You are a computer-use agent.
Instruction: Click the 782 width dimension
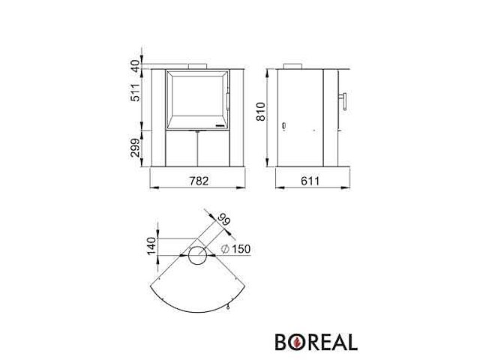pos(199,180)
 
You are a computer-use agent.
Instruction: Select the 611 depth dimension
pos(311,180)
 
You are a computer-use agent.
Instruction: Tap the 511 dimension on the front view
pos(136,92)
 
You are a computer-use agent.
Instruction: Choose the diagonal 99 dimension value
pos(223,221)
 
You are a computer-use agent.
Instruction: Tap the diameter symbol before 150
pos(226,250)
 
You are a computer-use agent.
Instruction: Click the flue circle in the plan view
pos(199,257)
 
